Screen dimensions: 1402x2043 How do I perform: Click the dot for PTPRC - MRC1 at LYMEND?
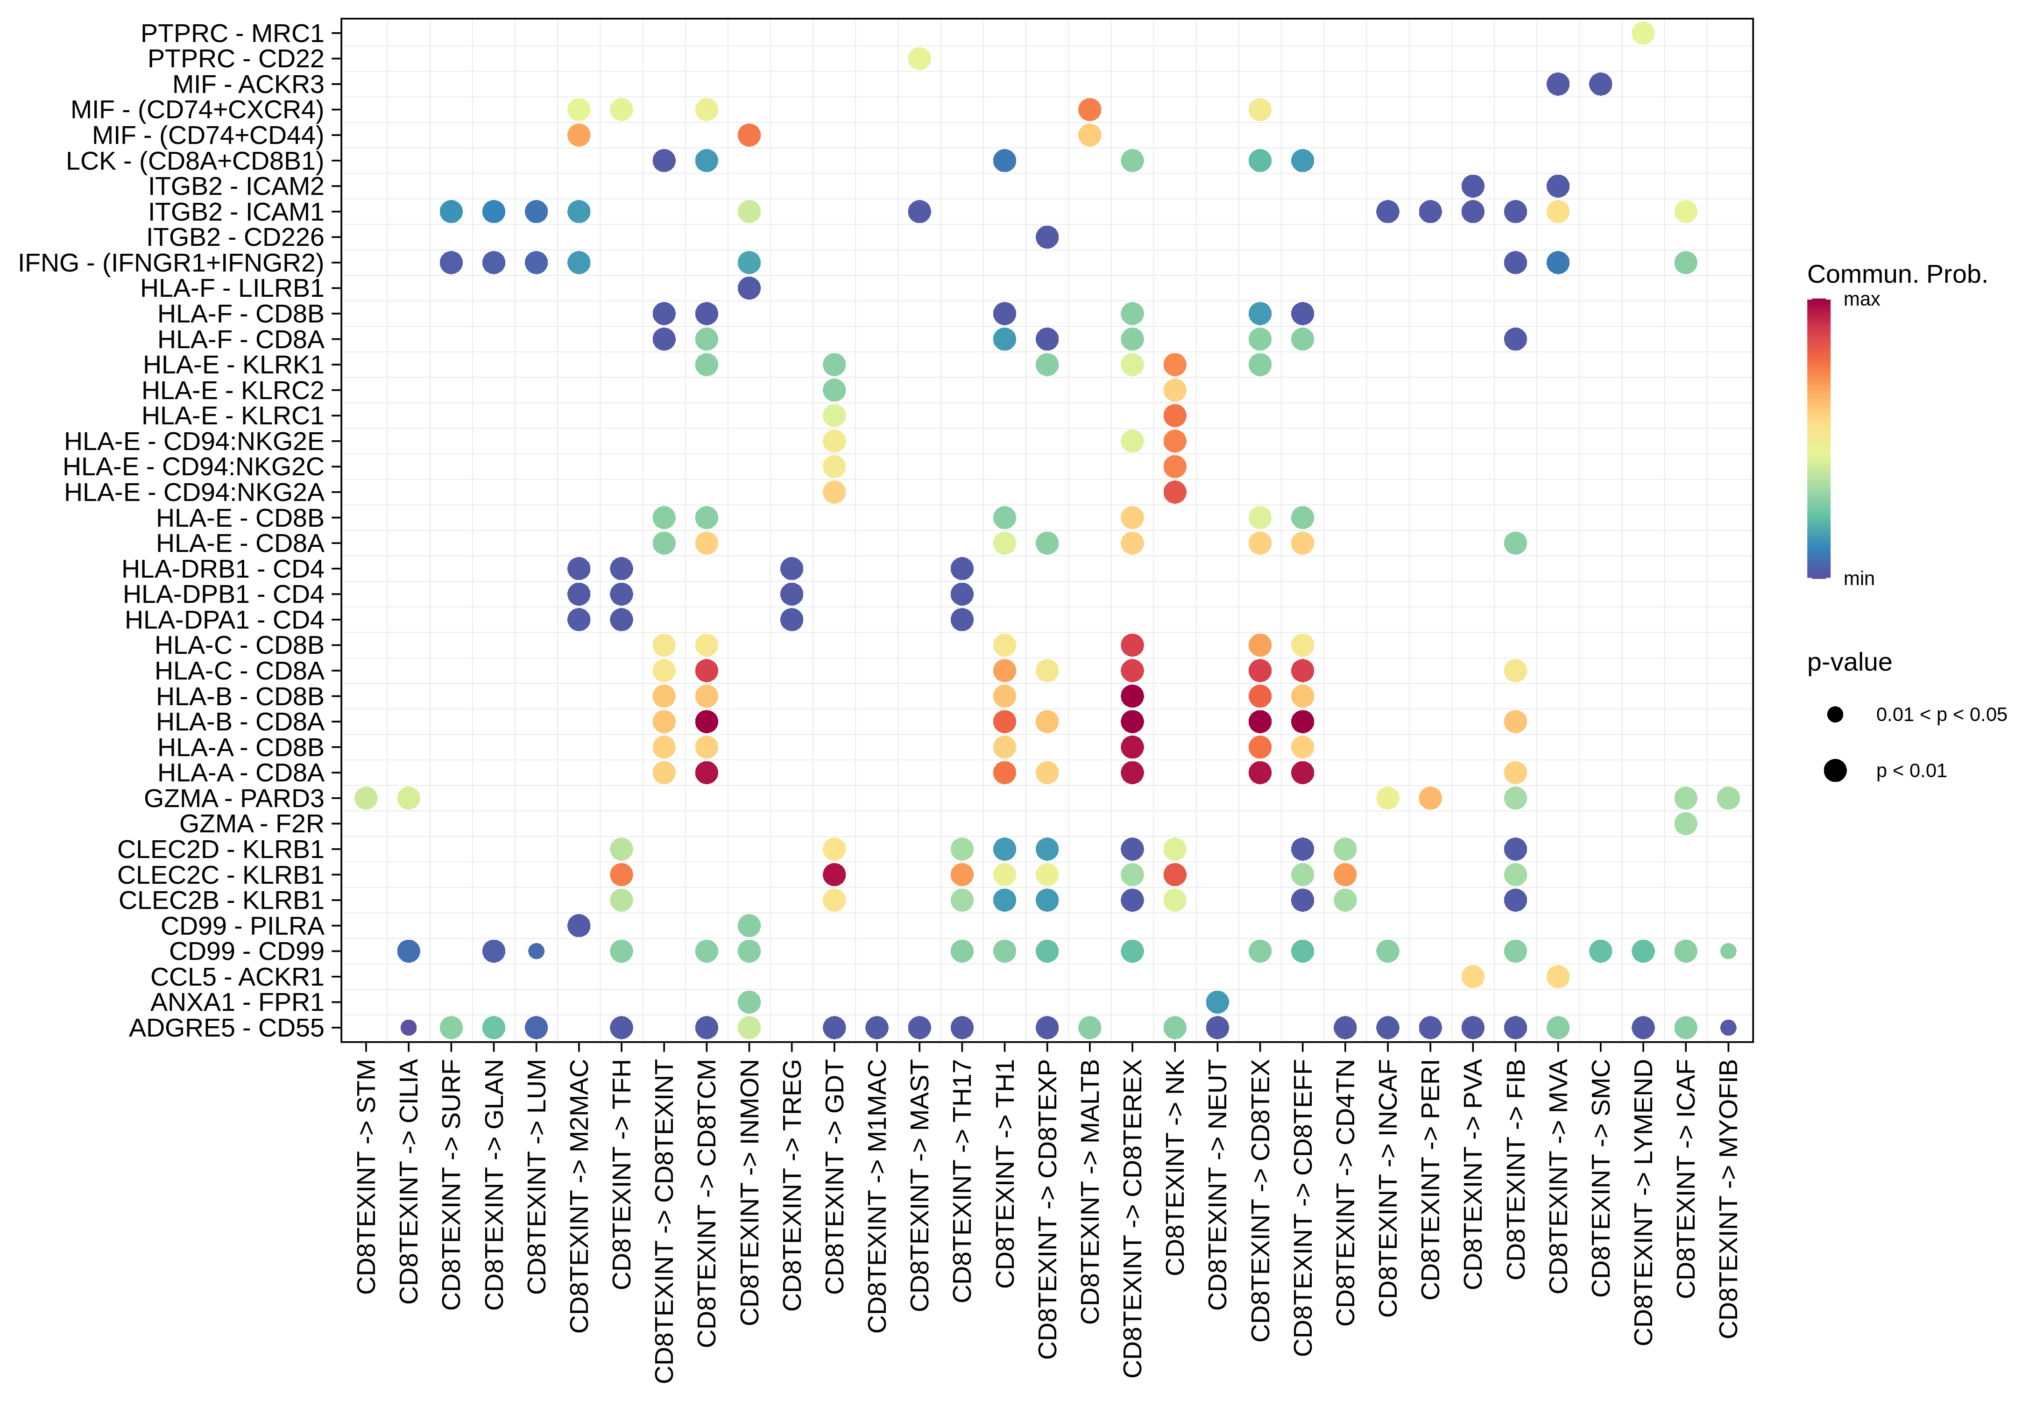coord(1643,34)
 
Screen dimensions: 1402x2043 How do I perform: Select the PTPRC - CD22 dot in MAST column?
coord(919,59)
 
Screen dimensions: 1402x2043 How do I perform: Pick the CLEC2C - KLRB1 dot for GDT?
coord(834,875)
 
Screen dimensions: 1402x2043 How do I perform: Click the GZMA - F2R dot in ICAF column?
coord(1685,824)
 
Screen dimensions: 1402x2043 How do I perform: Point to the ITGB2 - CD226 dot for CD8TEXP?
coord(1047,237)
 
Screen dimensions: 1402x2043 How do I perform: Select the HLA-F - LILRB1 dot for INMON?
coord(749,288)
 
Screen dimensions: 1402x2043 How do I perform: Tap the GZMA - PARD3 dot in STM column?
coord(367,799)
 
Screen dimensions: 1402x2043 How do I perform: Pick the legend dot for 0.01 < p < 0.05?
coord(1835,714)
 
